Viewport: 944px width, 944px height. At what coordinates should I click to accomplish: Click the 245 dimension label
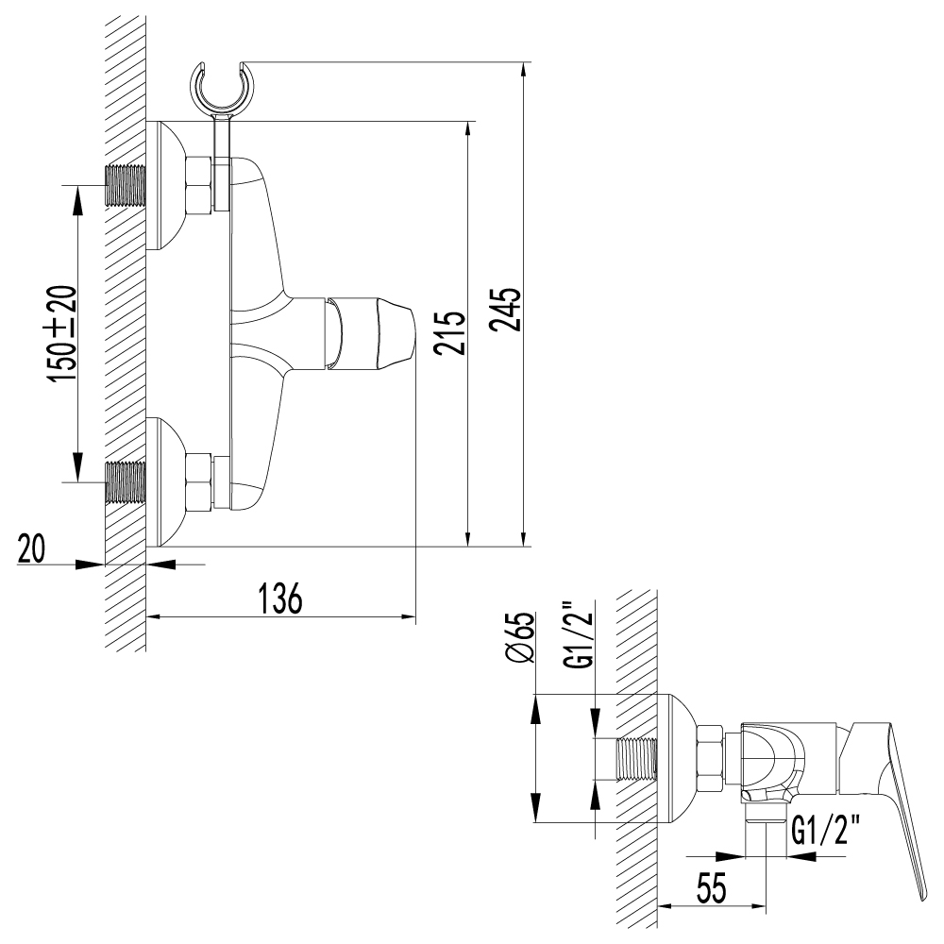[505, 309]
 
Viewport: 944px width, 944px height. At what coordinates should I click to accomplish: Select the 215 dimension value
[451, 331]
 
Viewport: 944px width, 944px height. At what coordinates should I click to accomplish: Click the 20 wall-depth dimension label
[32, 549]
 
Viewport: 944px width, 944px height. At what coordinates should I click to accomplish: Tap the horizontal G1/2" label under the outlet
[827, 832]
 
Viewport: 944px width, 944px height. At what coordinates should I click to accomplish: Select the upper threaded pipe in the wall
[126, 186]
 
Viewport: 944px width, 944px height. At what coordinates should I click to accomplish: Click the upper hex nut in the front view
[198, 184]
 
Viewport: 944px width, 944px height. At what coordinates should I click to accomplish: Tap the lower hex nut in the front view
[198, 481]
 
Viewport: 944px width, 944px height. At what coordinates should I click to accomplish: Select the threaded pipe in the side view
[636, 759]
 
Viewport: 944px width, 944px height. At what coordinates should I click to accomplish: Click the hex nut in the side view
[710, 759]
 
